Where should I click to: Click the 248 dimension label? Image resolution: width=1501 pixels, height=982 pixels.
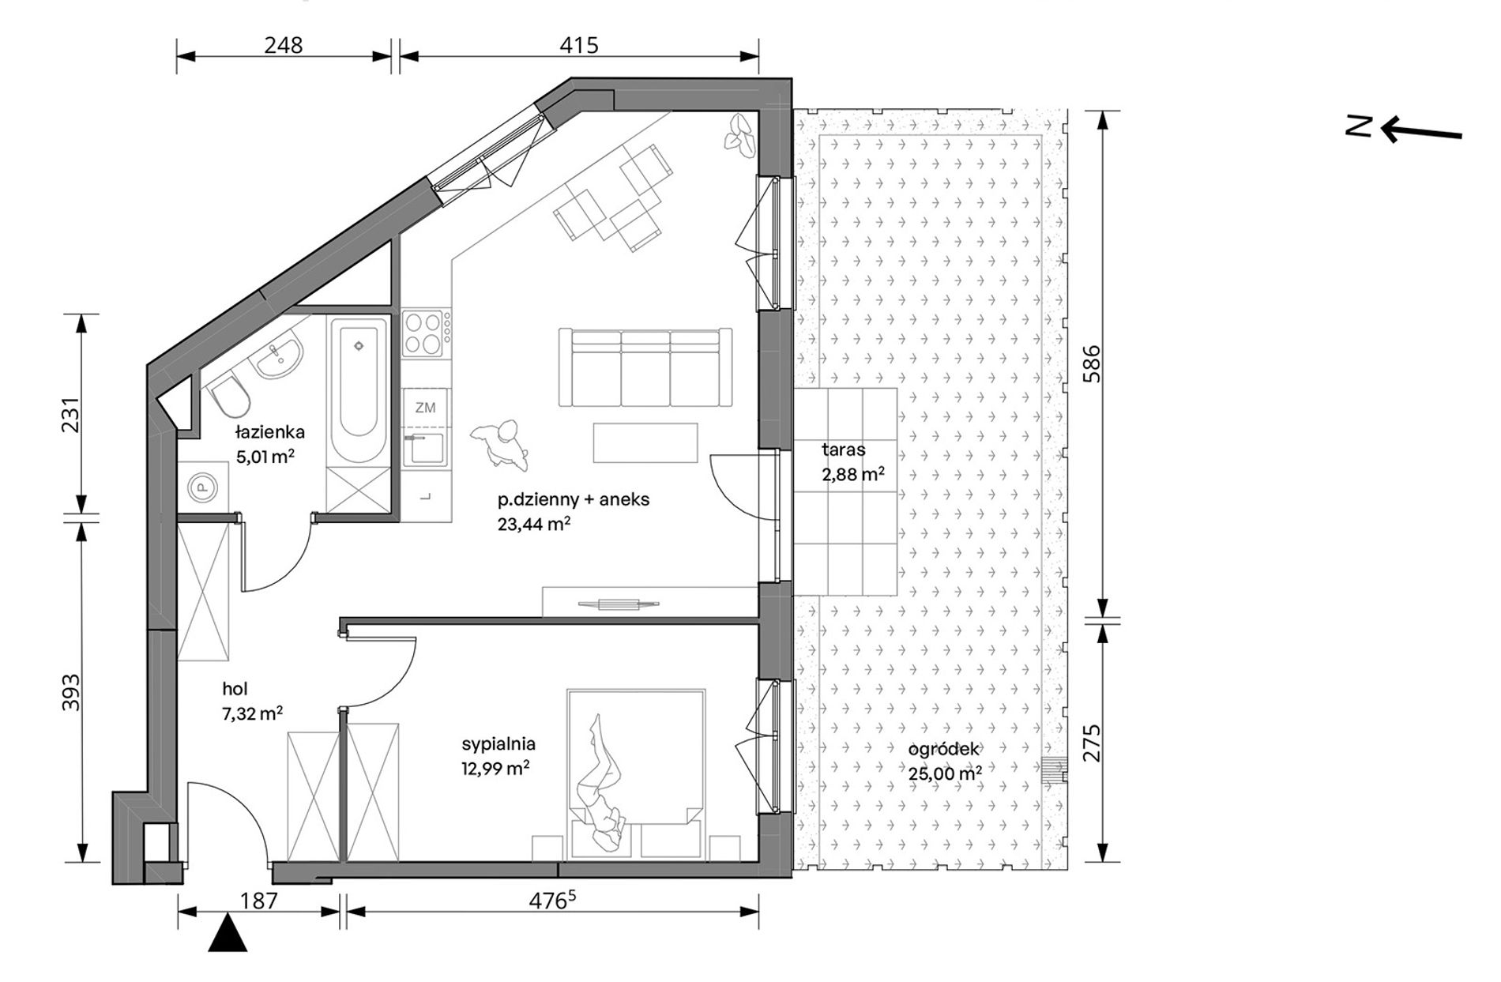coord(284,45)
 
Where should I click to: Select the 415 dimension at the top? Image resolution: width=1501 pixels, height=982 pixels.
coord(579,45)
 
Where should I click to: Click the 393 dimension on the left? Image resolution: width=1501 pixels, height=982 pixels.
coord(72,692)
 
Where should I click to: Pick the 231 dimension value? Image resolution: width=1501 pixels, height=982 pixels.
coord(72,414)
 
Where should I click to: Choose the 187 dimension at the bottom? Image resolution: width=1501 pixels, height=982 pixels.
coord(259,900)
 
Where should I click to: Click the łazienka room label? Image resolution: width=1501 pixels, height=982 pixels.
coord(269,432)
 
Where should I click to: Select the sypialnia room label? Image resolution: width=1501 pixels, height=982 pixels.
coord(498,743)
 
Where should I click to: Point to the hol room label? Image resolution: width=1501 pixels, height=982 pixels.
coord(235,690)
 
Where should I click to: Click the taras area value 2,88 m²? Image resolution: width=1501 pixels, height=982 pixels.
coord(852,474)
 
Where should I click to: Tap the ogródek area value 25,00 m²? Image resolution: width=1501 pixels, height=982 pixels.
coord(945,773)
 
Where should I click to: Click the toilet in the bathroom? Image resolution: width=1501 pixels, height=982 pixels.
coord(230,396)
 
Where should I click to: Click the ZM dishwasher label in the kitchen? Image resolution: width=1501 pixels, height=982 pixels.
coord(425,408)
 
